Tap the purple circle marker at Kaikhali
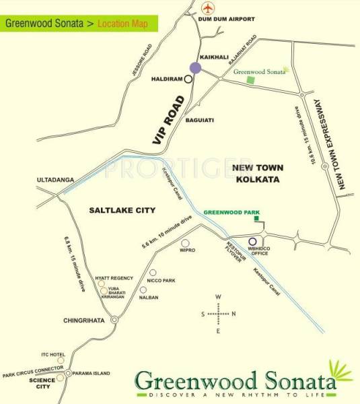195,67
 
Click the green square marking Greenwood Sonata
251,80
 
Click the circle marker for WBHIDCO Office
252,242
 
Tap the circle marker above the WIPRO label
186,242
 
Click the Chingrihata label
83,321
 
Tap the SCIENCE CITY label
42,384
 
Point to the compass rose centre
218,314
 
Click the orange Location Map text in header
124,24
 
